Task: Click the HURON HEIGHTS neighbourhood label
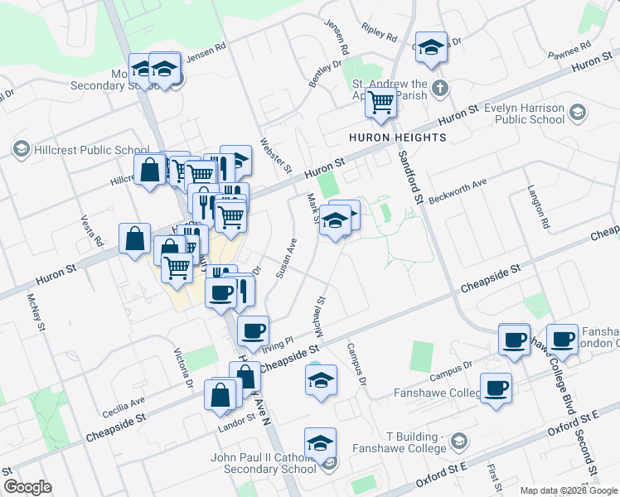(397, 137)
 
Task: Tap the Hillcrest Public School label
(81, 150)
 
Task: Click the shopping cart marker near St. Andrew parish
(380, 104)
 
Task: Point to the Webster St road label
(277, 155)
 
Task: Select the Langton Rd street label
(537, 207)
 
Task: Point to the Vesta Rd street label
(92, 231)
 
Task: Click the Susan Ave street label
(286, 258)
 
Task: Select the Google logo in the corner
(27, 487)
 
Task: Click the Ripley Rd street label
(380, 34)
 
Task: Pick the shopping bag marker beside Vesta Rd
(134, 239)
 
